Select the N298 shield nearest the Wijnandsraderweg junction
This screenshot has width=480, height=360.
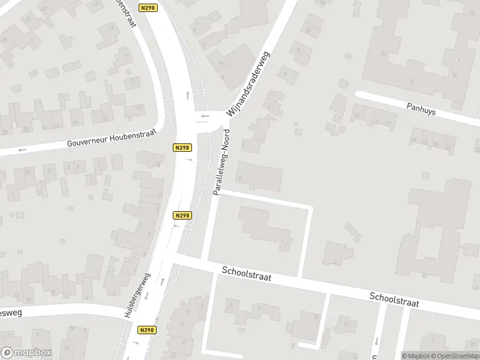182,148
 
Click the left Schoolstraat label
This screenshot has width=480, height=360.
246,274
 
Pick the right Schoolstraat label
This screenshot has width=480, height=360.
394,299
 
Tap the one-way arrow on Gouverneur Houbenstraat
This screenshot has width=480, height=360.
23,149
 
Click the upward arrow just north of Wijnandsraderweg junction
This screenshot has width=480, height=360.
188,95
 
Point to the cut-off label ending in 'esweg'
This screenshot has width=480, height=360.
11,313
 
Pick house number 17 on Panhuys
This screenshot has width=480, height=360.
389,123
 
